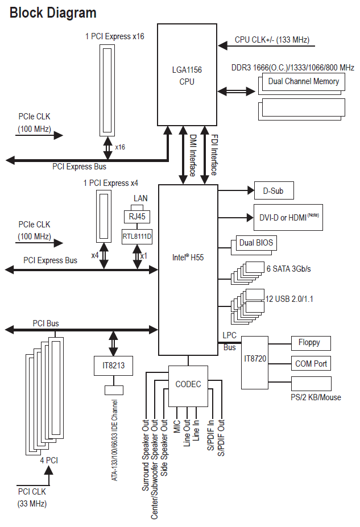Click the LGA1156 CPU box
click(x=187, y=74)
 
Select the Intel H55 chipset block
click(x=188, y=269)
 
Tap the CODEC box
click(x=188, y=386)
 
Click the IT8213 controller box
click(x=113, y=366)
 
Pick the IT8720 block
click(x=255, y=362)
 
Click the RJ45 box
click(x=137, y=217)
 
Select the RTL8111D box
click(x=137, y=236)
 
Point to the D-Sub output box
click(x=274, y=190)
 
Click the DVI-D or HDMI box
click(x=288, y=218)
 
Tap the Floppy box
click(x=311, y=343)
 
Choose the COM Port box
click(x=311, y=363)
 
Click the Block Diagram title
click(x=53, y=13)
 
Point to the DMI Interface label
click(x=192, y=155)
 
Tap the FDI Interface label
click(x=214, y=155)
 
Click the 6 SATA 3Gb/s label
click(x=288, y=269)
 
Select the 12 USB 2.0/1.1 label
click(x=289, y=299)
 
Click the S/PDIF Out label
click(x=221, y=437)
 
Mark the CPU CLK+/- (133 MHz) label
click(x=272, y=40)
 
